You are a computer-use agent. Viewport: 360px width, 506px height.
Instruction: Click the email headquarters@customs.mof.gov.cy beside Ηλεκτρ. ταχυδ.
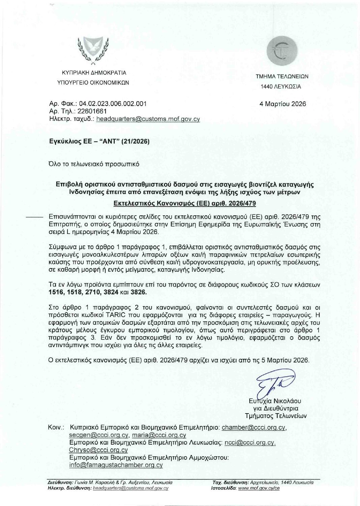(148, 119)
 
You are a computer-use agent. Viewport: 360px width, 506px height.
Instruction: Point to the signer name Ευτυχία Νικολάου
(274, 401)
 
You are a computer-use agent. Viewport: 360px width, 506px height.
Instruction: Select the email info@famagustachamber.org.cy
(116, 465)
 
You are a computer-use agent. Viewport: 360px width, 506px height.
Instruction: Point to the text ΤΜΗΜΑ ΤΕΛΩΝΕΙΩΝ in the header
(282, 77)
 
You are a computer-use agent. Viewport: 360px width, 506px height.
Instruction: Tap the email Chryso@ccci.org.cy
(98, 450)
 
